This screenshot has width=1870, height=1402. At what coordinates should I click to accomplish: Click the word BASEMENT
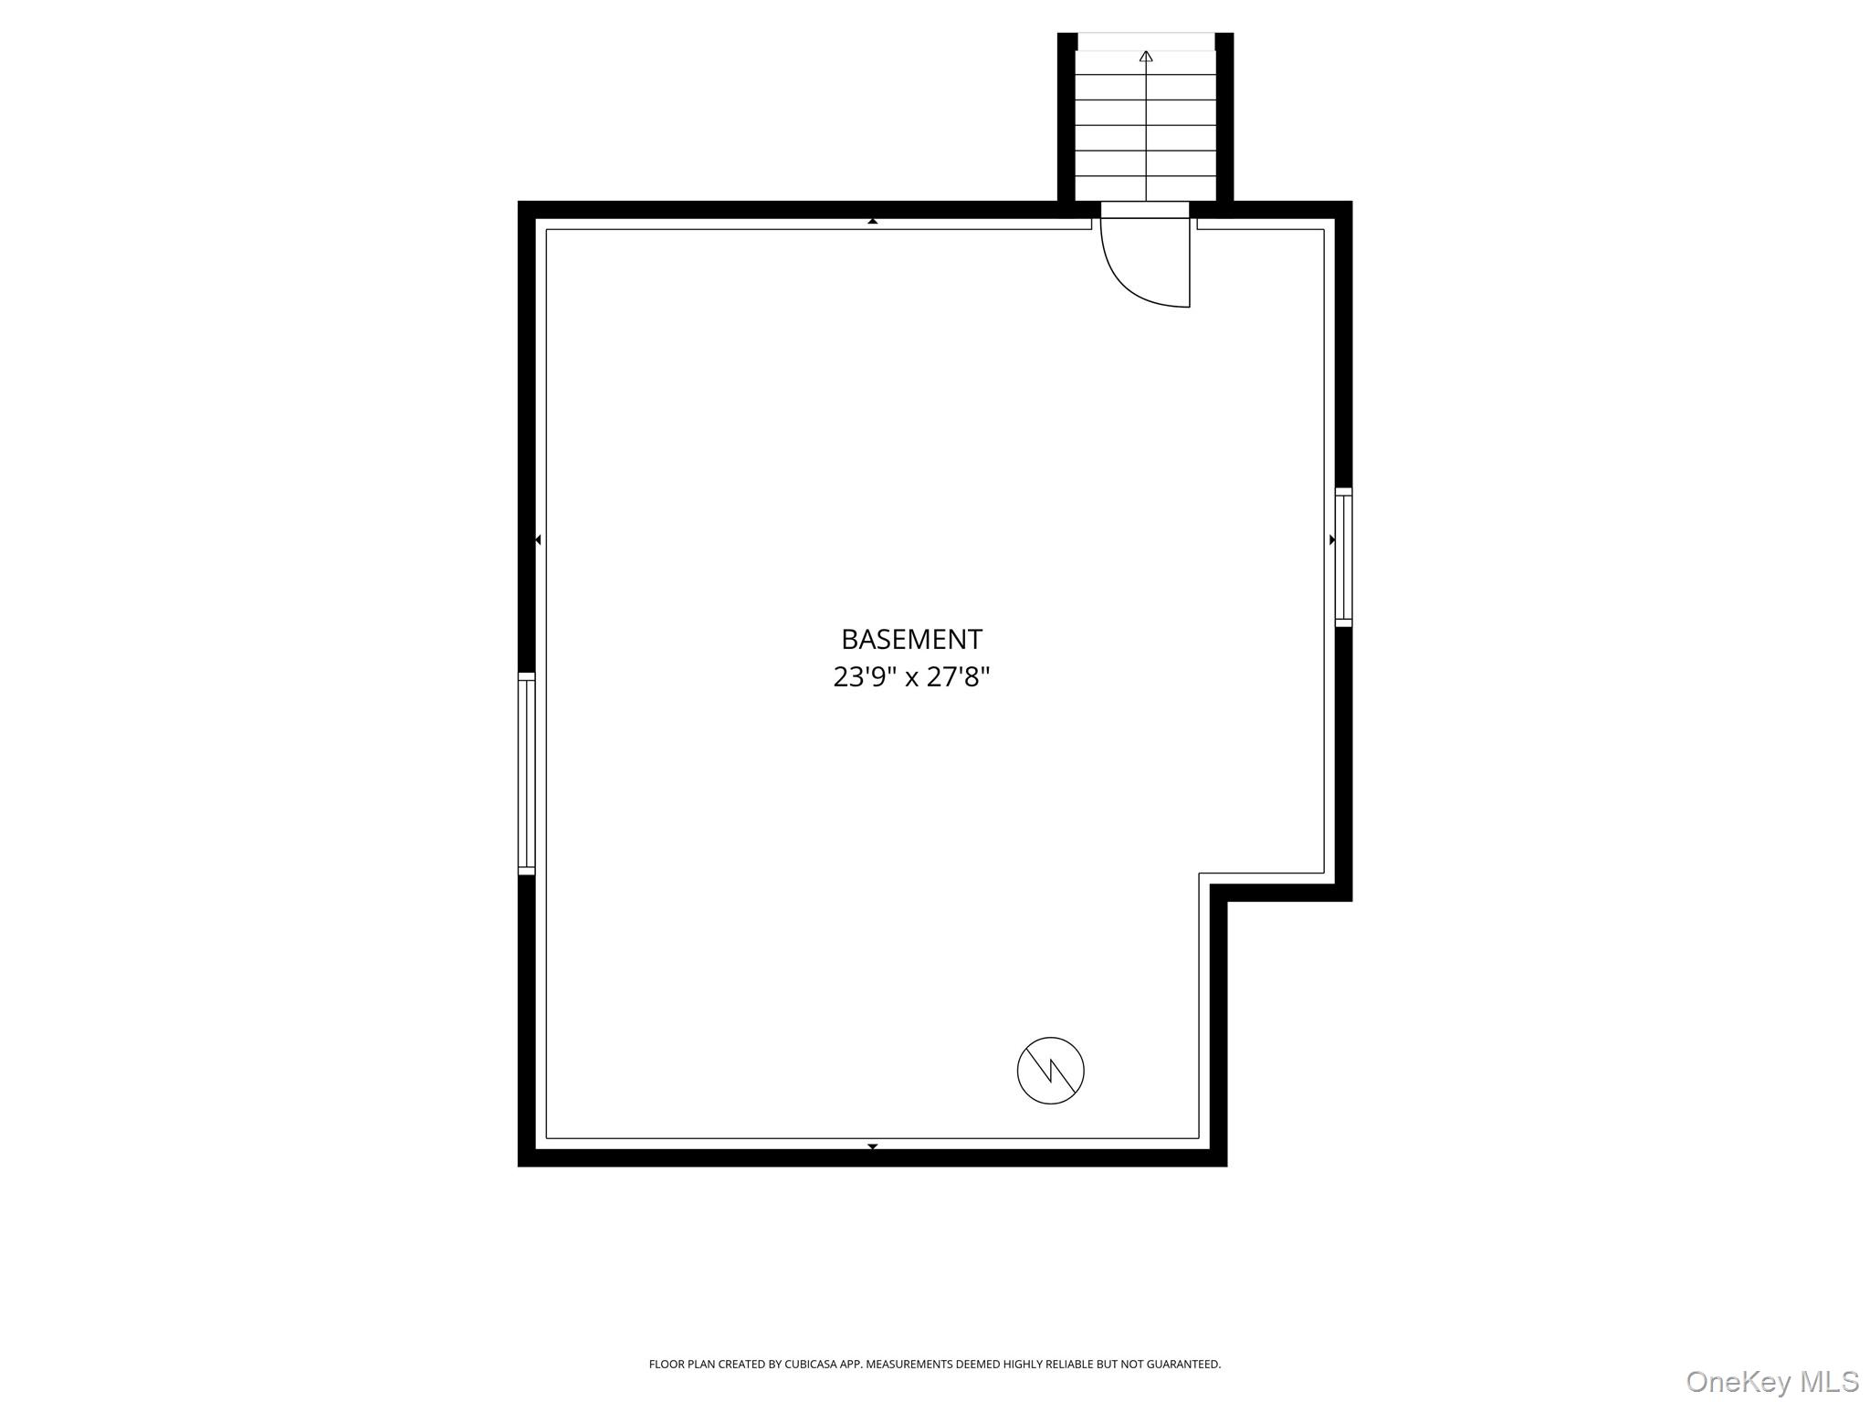(911, 639)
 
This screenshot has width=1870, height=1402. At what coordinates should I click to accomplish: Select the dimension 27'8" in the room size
(958, 677)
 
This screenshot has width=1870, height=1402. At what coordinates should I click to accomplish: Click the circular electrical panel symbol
(1050, 1071)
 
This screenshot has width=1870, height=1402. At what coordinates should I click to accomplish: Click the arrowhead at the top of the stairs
(1146, 57)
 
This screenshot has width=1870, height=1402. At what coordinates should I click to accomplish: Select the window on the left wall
(526, 774)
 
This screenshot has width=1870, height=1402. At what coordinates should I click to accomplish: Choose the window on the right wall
(1343, 558)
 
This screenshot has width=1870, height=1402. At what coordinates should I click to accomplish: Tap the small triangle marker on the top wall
(873, 221)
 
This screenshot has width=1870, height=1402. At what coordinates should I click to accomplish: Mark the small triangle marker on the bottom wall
(873, 1146)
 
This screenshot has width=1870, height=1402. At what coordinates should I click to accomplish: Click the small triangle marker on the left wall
(538, 540)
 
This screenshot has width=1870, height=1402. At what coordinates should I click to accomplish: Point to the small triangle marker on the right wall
(1332, 540)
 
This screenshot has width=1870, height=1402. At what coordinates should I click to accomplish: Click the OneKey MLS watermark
(1771, 1381)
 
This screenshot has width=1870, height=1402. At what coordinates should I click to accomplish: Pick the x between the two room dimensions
(911, 678)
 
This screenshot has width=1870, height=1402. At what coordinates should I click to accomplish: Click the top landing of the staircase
(1146, 42)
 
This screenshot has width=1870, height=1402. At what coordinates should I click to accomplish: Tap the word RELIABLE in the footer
(1068, 1365)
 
